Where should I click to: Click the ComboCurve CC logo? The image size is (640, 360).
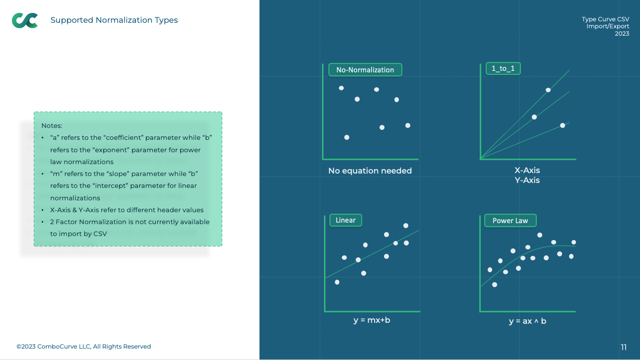[25, 20]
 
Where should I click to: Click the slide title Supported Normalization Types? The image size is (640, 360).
[114, 20]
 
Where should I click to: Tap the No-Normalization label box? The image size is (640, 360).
[365, 69]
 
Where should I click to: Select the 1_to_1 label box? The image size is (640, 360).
[503, 68]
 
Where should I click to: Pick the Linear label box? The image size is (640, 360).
[346, 220]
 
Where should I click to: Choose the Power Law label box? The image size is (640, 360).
[511, 220]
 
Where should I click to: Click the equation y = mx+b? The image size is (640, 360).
[372, 320]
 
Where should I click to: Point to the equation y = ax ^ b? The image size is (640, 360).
[527, 321]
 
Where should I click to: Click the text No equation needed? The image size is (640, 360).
[370, 171]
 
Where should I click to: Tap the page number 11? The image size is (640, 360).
[624, 347]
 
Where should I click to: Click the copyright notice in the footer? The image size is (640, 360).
[84, 346]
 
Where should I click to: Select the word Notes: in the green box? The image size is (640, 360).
[52, 125]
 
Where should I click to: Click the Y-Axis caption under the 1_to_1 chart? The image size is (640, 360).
[527, 180]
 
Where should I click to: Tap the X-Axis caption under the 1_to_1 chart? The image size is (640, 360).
[527, 170]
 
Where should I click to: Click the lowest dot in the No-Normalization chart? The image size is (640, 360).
[347, 137]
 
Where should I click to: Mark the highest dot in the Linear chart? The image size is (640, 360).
[406, 226]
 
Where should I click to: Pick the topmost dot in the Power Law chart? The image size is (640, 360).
[540, 235]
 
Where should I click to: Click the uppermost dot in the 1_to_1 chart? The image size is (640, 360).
[548, 90]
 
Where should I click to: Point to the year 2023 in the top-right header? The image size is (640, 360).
[622, 33]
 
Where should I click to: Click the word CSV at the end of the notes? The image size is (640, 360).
[100, 234]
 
